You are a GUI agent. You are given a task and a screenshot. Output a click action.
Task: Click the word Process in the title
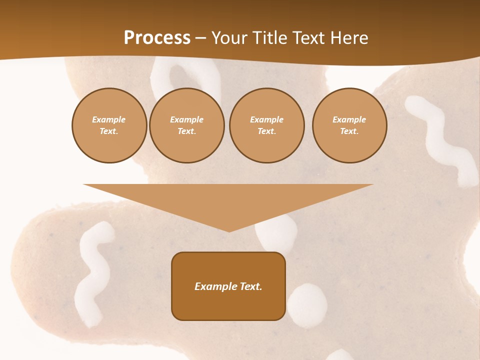point(157,38)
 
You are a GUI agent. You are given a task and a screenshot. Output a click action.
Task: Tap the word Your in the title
point(230,38)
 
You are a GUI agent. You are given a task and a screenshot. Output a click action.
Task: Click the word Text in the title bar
point(309,38)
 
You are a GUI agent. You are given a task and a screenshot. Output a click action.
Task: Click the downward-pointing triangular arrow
point(228,200)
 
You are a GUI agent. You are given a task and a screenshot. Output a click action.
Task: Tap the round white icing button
point(307,305)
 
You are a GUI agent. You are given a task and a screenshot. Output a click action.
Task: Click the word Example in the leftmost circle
point(109,119)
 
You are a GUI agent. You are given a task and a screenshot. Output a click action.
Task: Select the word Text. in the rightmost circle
point(349,131)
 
